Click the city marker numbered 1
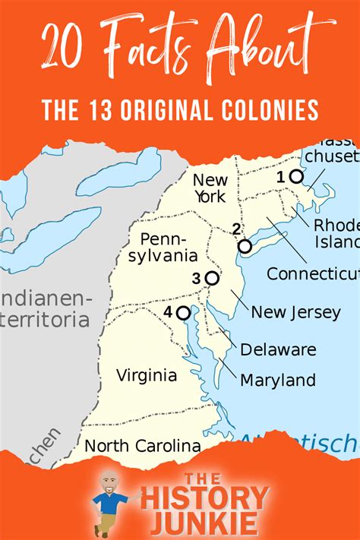[x=296, y=176]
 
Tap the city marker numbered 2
[x=245, y=246]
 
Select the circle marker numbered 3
[x=212, y=278]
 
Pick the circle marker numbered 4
[x=183, y=312]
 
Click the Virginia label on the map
[x=147, y=375]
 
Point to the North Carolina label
[x=143, y=447]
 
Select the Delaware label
[x=278, y=350]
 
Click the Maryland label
[x=278, y=380]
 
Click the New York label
[x=210, y=188]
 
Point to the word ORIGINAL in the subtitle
[x=171, y=111]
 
